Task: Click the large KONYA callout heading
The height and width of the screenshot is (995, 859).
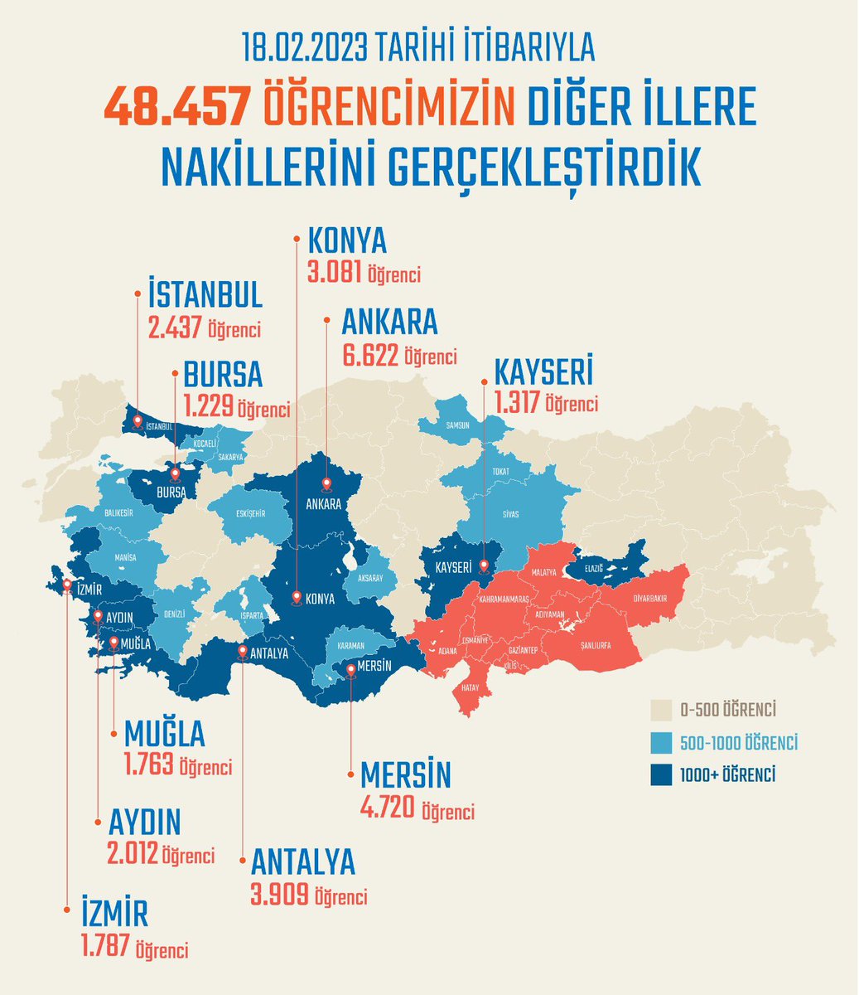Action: click(347, 240)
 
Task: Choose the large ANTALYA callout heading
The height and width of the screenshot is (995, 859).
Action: click(302, 862)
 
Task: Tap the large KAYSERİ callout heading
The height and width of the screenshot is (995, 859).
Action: click(543, 372)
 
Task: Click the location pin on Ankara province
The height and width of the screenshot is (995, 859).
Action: click(326, 484)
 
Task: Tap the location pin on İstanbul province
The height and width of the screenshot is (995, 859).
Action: click(138, 421)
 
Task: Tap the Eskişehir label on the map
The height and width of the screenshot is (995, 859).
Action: click(249, 513)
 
